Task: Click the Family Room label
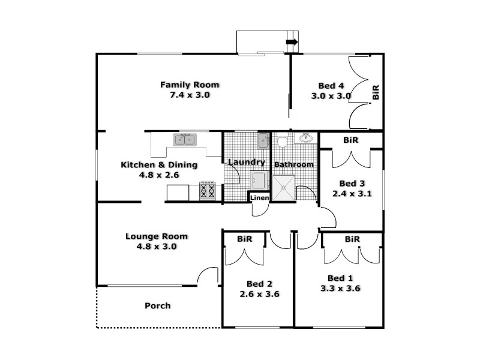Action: click(x=189, y=85)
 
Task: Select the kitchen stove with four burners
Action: click(x=208, y=191)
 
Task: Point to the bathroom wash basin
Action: click(x=305, y=138)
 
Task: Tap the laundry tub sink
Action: click(x=263, y=141)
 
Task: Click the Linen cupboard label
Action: click(x=259, y=198)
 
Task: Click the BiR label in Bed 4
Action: click(x=376, y=92)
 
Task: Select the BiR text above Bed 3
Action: click(x=350, y=140)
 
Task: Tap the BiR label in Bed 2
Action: click(x=244, y=239)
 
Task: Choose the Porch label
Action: click(x=158, y=306)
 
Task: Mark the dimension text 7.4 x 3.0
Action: click(x=189, y=95)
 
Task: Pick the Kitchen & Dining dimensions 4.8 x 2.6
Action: click(x=160, y=175)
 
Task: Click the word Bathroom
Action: click(x=293, y=164)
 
